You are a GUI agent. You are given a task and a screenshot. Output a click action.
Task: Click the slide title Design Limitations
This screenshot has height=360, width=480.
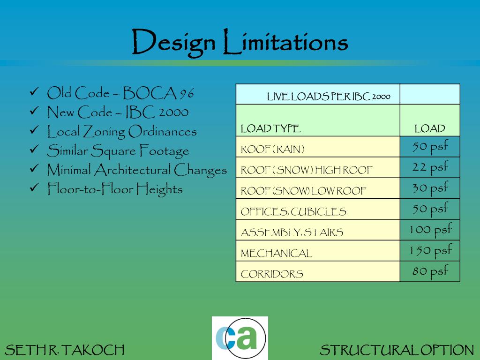tap(240, 42)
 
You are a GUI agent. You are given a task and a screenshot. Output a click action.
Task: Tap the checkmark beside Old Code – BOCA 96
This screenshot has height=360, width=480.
tap(34, 93)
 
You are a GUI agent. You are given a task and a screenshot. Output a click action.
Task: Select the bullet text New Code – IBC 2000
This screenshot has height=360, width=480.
tap(118, 112)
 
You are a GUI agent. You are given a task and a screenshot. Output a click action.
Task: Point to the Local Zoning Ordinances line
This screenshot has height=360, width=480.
tap(122, 132)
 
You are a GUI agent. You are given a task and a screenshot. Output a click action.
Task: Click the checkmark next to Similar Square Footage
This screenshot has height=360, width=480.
tap(34, 150)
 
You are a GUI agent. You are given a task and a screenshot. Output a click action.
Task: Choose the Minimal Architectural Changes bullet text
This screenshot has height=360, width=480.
tap(137, 170)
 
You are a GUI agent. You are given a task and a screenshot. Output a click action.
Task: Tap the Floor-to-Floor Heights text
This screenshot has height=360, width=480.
tap(115, 189)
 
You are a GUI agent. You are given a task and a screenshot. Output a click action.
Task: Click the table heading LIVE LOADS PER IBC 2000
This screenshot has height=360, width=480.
tap(328, 97)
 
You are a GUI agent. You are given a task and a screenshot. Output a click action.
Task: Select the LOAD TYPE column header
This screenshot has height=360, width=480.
tap(270, 128)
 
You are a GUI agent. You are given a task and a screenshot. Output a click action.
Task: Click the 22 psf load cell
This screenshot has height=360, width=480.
tap(430, 167)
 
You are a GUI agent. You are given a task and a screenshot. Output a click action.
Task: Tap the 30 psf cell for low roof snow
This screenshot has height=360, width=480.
tap(430, 188)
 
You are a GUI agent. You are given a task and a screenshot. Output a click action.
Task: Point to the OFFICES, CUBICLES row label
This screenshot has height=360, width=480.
tap(293, 212)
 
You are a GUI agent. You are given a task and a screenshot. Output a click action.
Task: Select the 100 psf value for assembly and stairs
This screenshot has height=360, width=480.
tap(430, 230)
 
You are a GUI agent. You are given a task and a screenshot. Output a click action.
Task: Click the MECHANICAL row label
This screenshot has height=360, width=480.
tap(276, 254)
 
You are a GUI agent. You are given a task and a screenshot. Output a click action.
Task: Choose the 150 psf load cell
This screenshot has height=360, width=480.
tap(430, 250)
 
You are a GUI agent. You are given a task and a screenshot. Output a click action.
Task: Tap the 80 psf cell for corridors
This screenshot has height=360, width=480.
tap(430, 271)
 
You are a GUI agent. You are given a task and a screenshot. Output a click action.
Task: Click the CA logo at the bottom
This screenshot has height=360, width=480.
tap(240, 338)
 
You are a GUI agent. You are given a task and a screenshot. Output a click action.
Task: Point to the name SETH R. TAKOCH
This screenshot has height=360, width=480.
tap(65, 350)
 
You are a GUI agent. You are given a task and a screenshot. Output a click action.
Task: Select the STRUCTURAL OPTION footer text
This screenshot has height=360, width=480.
tap(397, 350)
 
